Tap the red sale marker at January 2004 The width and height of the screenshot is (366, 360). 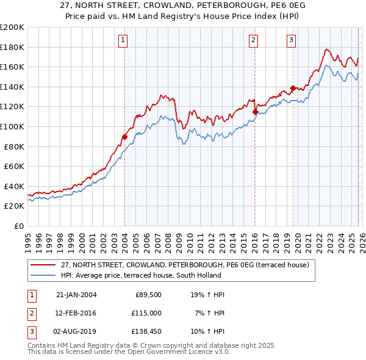[124, 137]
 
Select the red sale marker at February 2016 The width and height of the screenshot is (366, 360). [254, 111]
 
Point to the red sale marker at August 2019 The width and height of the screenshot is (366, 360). [293, 88]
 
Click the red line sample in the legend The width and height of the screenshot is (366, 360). [43, 265]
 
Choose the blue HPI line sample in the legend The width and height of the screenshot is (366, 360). [43, 275]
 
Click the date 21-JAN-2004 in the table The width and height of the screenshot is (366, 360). [76, 295]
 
